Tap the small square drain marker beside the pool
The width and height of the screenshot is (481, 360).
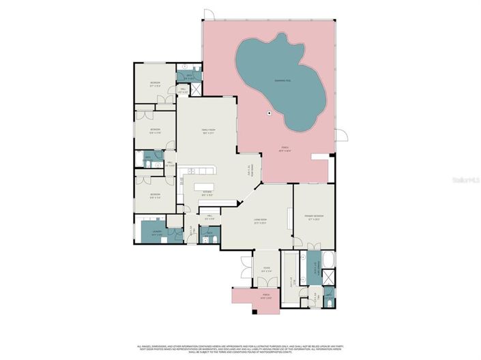(x=269, y=113)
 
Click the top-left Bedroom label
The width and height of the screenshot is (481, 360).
(x=156, y=85)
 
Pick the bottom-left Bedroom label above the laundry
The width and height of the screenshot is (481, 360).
(x=156, y=196)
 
